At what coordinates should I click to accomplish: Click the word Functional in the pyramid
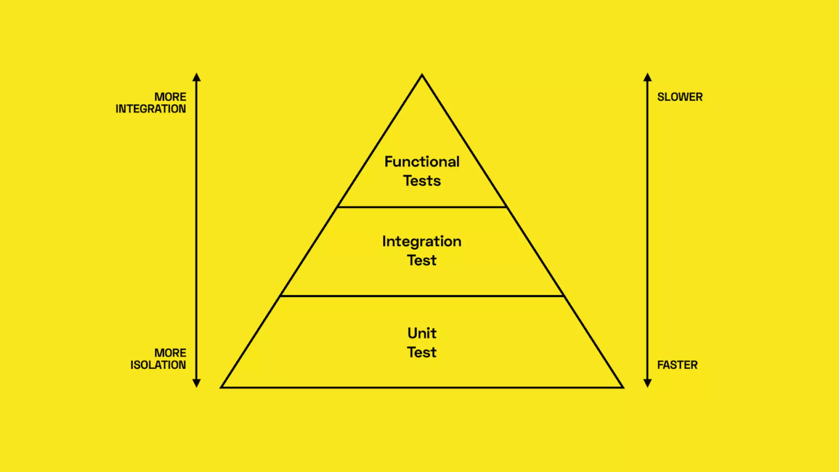tap(422, 161)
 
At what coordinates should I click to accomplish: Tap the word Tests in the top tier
tap(422, 181)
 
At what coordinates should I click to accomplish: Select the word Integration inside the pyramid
tap(422, 241)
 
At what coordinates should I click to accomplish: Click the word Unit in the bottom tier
tap(422, 333)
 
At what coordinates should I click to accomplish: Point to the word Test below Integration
tap(422, 260)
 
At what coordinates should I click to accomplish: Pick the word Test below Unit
tap(422, 352)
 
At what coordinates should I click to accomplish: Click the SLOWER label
tap(680, 97)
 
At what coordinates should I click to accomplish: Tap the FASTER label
tap(677, 365)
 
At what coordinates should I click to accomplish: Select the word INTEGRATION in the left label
tap(150, 109)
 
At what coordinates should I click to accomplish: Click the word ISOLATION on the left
tap(158, 365)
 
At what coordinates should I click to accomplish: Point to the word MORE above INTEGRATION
tap(170, 97)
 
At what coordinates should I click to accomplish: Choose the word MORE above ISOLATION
tap(170, 353)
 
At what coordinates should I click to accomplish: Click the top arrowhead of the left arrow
tap(197, 77)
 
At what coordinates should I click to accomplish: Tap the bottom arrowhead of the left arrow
tap(197, 383)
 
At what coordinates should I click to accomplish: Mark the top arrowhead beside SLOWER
tap(647, 77)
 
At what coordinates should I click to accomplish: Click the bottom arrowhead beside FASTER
tap(647, 383)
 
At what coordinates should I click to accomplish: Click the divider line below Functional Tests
tap(422, 207)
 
